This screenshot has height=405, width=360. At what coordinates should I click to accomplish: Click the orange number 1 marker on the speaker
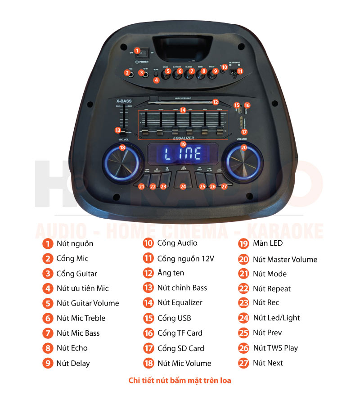[138, 51]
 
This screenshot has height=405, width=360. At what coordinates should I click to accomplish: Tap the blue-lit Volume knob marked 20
[243, 160]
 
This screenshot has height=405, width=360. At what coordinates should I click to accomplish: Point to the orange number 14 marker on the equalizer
[182, 110]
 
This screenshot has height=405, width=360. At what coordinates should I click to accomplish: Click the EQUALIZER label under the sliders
[183, 138]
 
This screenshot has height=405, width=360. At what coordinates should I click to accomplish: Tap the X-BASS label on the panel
[123, 101]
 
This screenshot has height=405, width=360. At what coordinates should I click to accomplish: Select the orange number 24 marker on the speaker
[183, 186]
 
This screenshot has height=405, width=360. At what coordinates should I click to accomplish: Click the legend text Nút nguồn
[75, 243]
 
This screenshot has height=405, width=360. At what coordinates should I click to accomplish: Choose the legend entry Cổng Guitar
[76, 274]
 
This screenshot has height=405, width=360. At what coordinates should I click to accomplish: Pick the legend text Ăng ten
[171, 273]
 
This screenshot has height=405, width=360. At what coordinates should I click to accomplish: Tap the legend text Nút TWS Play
[275, 348]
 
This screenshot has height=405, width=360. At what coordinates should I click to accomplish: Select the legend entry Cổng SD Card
[180, 348]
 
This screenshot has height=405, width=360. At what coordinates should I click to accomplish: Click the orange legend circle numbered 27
[243, 363]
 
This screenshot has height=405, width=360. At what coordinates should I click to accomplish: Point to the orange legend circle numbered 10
[148, 243]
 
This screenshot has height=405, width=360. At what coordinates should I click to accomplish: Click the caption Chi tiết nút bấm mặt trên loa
[180, 381]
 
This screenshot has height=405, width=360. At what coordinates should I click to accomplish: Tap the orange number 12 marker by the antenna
[216, 102]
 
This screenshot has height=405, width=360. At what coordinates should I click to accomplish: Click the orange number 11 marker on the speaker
[240, 71]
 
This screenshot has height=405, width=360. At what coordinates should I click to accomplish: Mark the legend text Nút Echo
[72, 348]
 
